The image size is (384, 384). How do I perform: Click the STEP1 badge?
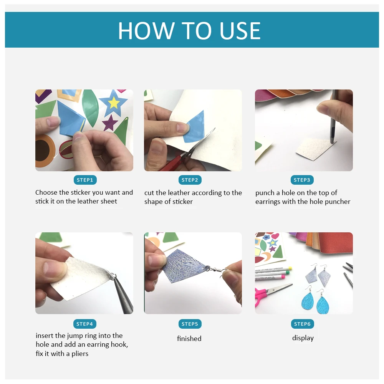click(x=85, y=180)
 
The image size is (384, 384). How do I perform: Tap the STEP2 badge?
click(x=190, y=180)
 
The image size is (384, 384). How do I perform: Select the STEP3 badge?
click(x=302, y=180)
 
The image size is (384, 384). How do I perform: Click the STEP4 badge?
click(x=85, y=324)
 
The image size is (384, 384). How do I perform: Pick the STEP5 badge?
click(x=190, y=324)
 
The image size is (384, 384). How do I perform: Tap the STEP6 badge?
click(x=302, y=324)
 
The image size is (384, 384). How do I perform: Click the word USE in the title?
click(x=240, y=31)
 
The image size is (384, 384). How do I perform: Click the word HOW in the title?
click(x=146, y=31)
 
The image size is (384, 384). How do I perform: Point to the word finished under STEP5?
click(x=189, y=338)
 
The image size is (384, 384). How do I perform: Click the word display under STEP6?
click(x=303, y=338)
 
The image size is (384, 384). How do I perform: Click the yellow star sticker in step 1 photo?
click(x=114, y=103)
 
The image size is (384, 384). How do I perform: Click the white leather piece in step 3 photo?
click(x=315, y=149)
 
